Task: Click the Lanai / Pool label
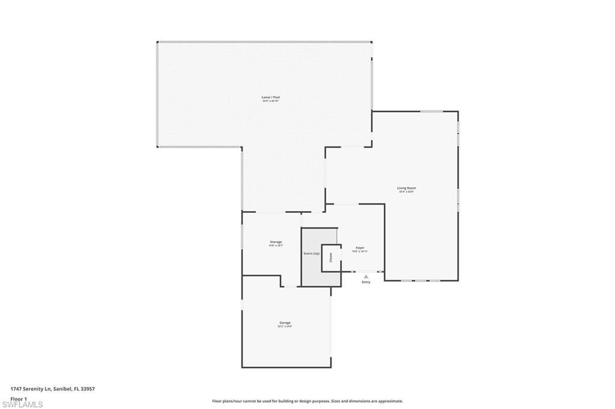(x=270, y=97)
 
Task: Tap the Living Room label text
(x=407, y=188)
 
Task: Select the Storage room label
(x=276, y=242)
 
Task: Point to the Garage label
(x=284, y=323)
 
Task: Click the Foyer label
(x=360, y=248)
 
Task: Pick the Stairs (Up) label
(x=311, y=254)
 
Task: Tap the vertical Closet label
(x=330, y=257)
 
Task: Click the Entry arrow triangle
(x=365, y=276)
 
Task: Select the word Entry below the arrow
(x=366, y=282)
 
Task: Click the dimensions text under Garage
(x=284, y=327)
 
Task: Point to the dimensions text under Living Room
(x=407, y=192)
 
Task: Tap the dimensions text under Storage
(x=276, y=246)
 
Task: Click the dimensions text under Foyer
(x=360, y=252)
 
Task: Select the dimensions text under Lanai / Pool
(x=270, y=101)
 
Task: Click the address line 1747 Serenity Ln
(x=53, y=389)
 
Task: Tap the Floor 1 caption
(x=19, y=398)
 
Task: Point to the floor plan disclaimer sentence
(x=307, y=401)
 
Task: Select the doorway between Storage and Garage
(x=290, y=286)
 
